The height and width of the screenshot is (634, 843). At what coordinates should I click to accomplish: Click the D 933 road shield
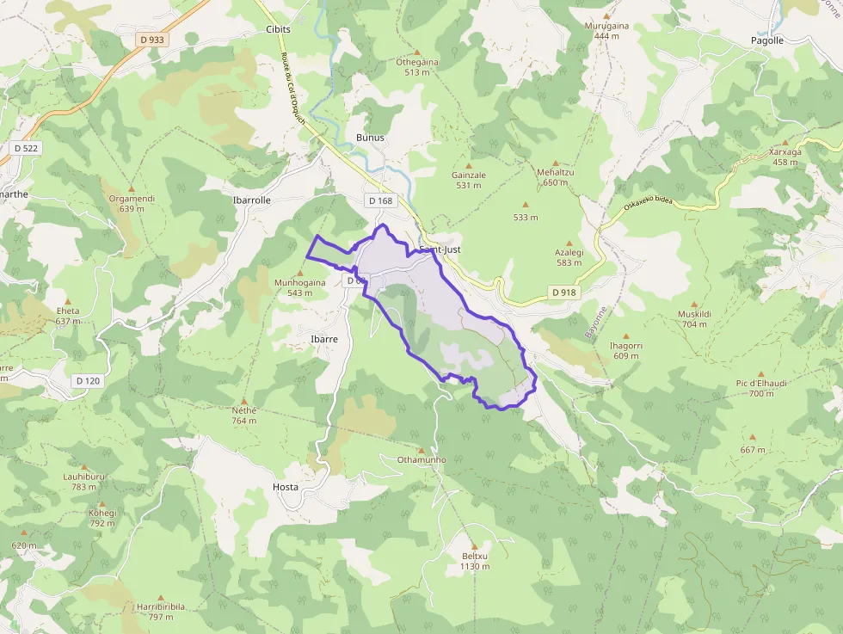coord(152,39)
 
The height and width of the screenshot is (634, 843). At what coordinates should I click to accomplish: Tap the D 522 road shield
coord(27,148)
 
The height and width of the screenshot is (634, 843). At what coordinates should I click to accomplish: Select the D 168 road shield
coord(379,200)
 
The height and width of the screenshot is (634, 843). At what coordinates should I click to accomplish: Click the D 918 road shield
coord(563,292)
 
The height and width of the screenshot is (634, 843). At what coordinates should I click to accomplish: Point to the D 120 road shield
coord(88,380)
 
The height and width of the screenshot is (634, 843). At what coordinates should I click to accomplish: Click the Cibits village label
coord(279,29)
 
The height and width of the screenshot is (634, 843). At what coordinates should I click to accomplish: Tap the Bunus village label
coord(370,138)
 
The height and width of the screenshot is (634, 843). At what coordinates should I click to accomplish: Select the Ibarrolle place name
coord(252,200)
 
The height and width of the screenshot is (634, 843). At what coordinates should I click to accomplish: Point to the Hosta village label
coord(285,487)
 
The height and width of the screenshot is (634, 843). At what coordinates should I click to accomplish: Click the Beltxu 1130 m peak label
coord(474,561)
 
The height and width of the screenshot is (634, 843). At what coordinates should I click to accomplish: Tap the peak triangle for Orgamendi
coord(132,188)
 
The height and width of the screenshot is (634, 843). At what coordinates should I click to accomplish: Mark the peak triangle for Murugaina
coord(606,15)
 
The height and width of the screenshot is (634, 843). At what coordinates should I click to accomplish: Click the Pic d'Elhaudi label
coord(761,383)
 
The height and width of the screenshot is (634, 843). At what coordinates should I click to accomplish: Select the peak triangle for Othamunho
coord(421,449)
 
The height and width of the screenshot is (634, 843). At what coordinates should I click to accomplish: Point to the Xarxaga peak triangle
coord(785,141)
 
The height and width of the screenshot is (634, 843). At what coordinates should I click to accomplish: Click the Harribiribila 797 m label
coord(161,611)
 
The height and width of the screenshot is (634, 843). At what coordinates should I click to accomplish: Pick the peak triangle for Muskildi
coord(694,303)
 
